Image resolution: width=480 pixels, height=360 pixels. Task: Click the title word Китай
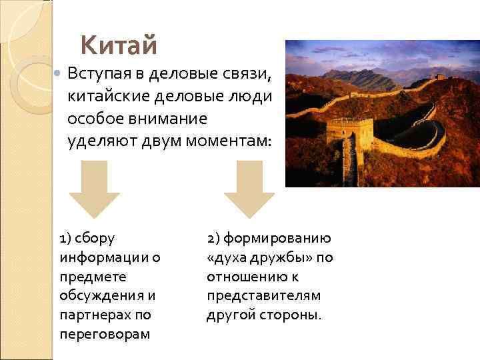click(x=119, y=46)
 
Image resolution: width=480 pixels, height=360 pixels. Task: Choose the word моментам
click(x=228, y=141)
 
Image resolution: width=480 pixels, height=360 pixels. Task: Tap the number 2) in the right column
click(x=214, y=239)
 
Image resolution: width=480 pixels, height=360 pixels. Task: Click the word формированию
click(x=280, y=239)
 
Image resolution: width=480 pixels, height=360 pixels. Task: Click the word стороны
click(x=291, y=314)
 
